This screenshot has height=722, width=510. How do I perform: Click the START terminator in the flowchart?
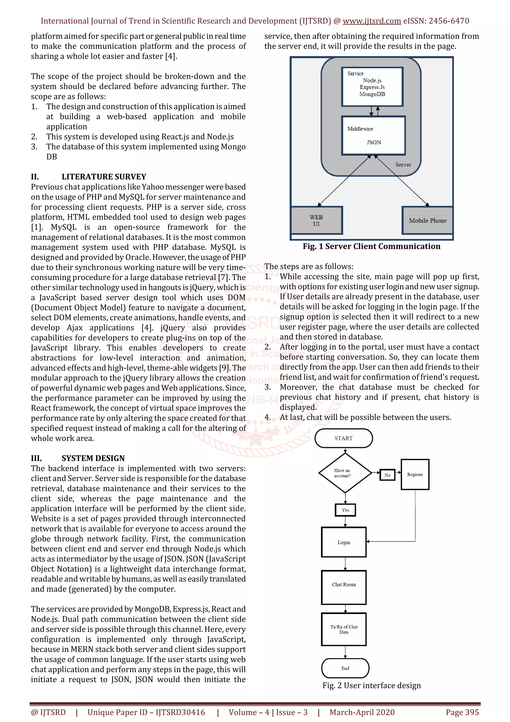click(x=343, y=438)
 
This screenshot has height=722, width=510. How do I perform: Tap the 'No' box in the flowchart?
click(x=387, y=475)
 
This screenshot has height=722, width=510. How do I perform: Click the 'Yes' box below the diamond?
click(x=345, y=510)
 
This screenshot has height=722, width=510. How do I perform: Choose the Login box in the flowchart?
click(x=344, y=542)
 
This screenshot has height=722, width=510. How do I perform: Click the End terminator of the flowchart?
click(x=345, y=668)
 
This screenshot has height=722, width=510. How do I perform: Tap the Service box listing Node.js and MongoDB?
click(x=372, y=87)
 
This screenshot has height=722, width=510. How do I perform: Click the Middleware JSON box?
click(x=373, y=136)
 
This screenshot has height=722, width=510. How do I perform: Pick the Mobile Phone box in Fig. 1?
click(x=427, y=220)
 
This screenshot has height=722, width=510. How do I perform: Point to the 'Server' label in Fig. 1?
click(x=403, y=165)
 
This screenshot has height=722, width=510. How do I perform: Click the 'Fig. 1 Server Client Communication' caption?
click(x=372, y=246)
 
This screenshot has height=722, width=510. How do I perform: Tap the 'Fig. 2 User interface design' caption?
click(x=372, y=685)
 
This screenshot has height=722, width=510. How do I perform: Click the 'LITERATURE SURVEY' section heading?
click(x=104, y=177)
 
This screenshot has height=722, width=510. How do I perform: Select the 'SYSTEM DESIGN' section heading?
click(x=93, y=458)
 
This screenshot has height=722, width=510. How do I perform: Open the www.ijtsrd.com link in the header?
click(x=372, y=21)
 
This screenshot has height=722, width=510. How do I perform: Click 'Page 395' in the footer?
click(x=462, y=712)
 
